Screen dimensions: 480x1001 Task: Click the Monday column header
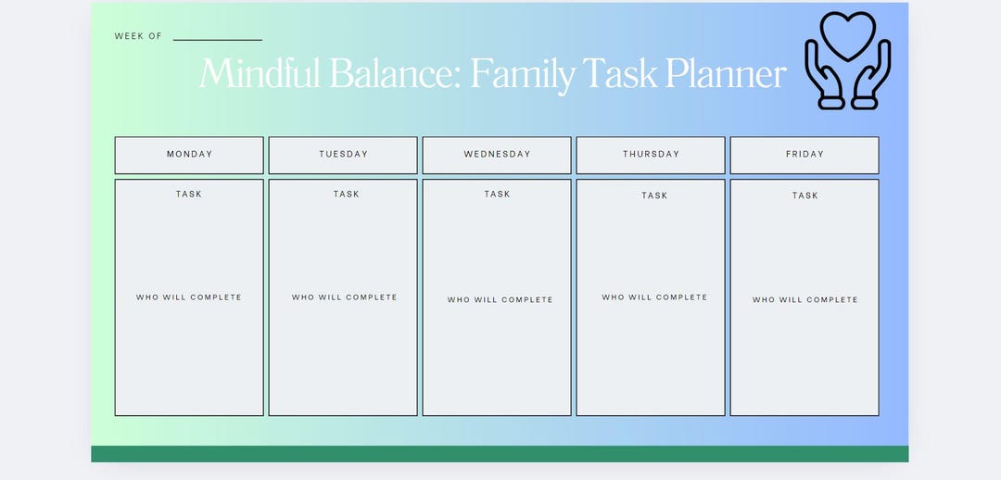coord(189,155)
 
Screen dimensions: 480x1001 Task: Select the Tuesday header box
coord(343,155)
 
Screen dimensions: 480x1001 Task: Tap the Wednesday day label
coord(497,155)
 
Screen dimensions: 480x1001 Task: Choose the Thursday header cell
coord(651,155)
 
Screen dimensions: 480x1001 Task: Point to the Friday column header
coord(805,155)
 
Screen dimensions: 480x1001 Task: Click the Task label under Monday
coord(189,195)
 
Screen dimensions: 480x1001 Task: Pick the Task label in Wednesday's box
coord(497,195)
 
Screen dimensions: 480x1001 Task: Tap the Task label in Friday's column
coord(805,196)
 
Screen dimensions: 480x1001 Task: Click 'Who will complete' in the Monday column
coord(189,297)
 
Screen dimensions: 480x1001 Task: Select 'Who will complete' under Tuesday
coord(344,297)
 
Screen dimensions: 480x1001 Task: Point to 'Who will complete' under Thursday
coord(654,297)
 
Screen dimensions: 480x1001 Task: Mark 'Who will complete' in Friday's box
coord(805,300)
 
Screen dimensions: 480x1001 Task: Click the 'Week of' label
coord(138,36)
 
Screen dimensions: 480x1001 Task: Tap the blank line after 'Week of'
coord(218,38)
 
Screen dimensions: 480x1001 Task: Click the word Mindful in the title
coord(260,73)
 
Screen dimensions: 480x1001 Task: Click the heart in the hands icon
coord(847,34)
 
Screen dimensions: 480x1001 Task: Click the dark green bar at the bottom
coord(500,453)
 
